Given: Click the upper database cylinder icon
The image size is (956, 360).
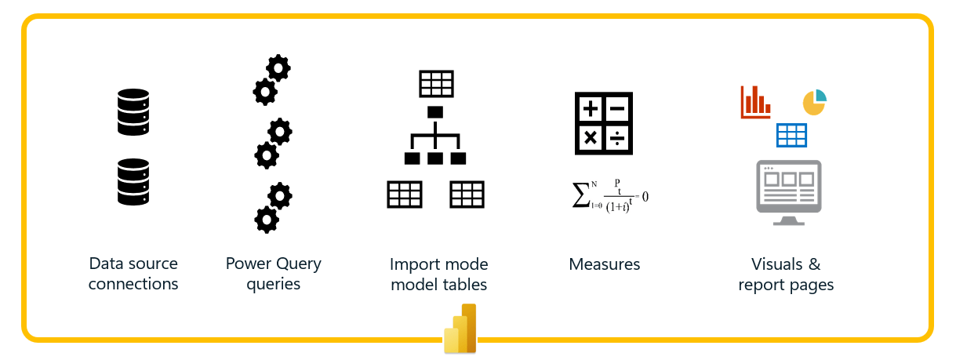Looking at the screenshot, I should pyautogui.click(x=133, y=111).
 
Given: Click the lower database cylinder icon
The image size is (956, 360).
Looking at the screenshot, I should pyautogui.click(x=133, y=183).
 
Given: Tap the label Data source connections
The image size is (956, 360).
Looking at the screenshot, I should pyautogui.click(x=133, y=274).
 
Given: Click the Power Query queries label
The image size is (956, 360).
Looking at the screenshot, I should pyautogui.click(x=273, y=274).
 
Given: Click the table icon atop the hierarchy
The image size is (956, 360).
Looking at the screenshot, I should pyautogui.click(x=436, y=83).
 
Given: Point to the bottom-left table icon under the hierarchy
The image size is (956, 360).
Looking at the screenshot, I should pyautogui.click(x=405, y=195).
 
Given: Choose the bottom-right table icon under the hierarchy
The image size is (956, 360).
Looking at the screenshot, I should pyautogui.click(x=467, y=195).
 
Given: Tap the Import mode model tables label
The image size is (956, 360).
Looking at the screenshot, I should pyautogui.click(x=438, y=275).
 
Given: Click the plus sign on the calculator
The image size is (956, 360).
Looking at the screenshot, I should pyautogui.click(x=591, y=109).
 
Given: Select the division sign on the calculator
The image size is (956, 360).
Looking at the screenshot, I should pyautogui.click(x=618, y=138).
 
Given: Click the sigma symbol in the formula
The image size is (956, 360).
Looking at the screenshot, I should pyautogui.click(x=581, y=195).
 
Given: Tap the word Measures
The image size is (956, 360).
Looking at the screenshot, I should pyautogui.click(x=604, y=264).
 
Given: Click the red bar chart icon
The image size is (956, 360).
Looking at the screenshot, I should pyautogui.click(x=755, y=102).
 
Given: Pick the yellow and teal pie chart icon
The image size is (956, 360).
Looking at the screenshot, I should pyautogui.click(x=814, y=102).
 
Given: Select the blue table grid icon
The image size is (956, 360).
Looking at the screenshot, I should pyautogui.click(x=791, y=135).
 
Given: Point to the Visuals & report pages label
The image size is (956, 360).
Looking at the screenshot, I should pyautogui.click(x=786, y=275).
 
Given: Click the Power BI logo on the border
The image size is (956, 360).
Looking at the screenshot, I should pyautogui.click(x=460, y=329).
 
